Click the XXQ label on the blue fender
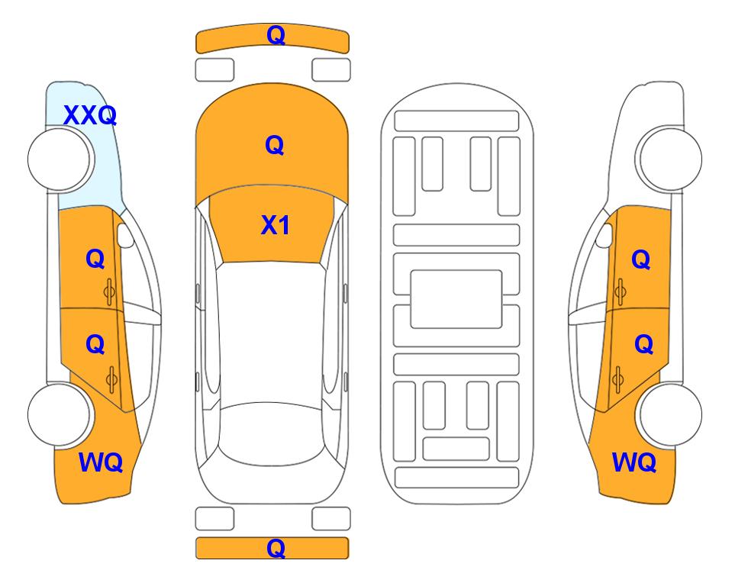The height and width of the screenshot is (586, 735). (x=90, y=115)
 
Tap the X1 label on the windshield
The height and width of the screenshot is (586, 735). (x=276, y=226)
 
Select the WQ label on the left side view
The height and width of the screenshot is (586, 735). (x=101, y=462)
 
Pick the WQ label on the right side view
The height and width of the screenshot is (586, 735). (x=634, y=462)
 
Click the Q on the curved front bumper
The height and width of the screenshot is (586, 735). (x=276, y=35)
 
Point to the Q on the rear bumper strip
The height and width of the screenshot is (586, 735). (x=276, y=548)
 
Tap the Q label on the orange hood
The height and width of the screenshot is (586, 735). (x=275, y=145)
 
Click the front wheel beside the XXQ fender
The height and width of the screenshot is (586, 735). (x=60, y=159)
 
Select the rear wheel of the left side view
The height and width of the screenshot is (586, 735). (x=60, y=415)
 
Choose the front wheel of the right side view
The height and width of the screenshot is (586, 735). (x=669, y=159)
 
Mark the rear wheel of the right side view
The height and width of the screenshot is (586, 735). (x=670, y=415)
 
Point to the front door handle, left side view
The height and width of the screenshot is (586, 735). (x=110, y=292)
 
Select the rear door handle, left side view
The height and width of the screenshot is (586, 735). (x=111, y=379)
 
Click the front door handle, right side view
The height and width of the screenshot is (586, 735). (x=620, y=292)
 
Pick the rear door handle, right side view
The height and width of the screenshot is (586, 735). (x=617, y=379)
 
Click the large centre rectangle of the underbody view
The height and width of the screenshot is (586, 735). (x=456, y=299)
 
